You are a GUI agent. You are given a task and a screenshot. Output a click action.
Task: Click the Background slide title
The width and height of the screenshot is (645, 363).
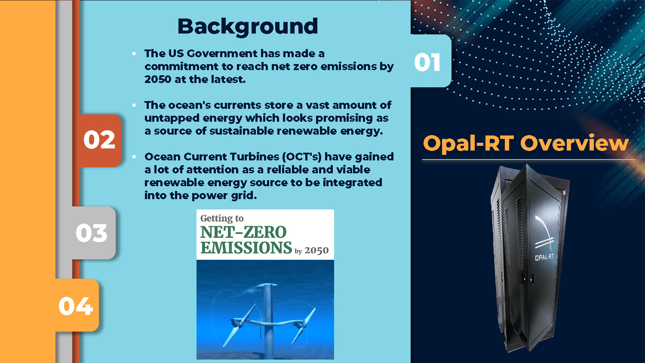coord(248,27)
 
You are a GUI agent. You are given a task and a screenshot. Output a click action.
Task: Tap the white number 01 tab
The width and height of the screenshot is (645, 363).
coord(431,61)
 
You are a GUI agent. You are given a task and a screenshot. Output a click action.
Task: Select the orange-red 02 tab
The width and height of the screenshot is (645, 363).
coord(100,140)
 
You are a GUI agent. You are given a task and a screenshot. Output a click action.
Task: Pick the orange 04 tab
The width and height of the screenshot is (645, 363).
coord(77,305)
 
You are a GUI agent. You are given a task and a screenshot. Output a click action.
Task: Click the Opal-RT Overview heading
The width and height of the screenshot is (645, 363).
coord(525,143)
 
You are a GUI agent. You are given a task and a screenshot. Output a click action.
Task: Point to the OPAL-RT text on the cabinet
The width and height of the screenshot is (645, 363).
coord(544,257)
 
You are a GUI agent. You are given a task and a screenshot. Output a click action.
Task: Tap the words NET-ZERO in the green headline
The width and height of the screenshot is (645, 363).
coord(243,232)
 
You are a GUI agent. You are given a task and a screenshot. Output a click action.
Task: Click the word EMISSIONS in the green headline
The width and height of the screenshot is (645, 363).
coord(246,248)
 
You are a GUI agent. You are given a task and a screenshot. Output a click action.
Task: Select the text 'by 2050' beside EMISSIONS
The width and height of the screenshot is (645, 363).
coord(312,251)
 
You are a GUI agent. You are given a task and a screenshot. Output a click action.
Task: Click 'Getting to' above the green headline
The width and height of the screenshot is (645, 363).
coord(222,218)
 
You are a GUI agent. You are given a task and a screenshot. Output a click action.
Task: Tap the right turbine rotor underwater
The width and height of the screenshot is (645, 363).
coord(303,326)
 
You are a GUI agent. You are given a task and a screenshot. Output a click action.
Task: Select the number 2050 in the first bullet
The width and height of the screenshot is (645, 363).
coord(158,79)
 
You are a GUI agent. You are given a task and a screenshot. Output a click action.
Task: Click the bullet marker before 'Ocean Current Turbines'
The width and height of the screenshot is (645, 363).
coord(134,157)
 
